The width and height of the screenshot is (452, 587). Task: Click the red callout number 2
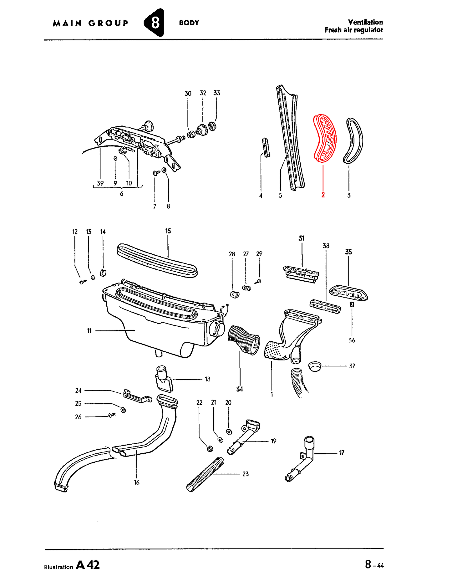click(323, 195)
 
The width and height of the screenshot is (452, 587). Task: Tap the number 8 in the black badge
click(155, 23)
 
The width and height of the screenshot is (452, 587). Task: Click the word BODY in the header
click(189, 23)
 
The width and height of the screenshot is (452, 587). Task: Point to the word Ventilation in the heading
click(365, 22)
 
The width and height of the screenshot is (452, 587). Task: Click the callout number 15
click(168, 231)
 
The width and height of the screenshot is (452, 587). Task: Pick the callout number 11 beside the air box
click(89, 331)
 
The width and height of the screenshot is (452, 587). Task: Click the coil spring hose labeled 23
click(205, 474)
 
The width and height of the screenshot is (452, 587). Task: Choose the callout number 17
click(342, 453)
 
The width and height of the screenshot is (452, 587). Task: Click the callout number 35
click(348, 252)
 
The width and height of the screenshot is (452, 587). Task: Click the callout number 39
click(100, 183)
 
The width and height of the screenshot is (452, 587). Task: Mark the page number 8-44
click(374, 564)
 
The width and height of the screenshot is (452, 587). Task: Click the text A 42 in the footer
click(88, 565)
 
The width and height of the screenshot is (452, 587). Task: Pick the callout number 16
click(137, 482)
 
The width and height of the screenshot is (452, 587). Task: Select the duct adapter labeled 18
click(164, 379)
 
